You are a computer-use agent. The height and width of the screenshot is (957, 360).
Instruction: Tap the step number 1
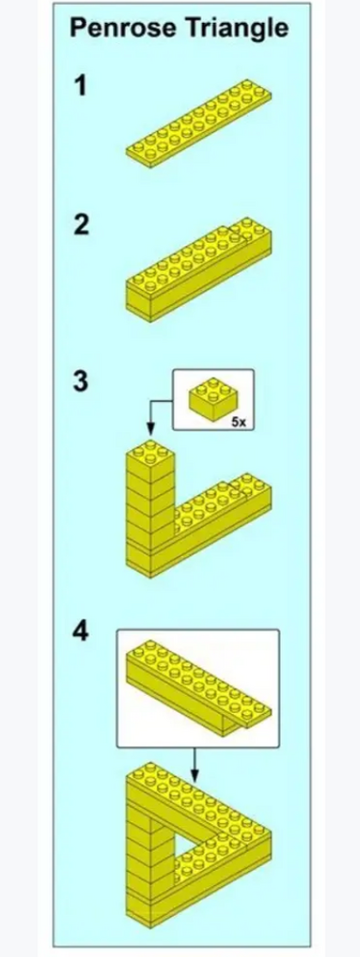tap(82, 87)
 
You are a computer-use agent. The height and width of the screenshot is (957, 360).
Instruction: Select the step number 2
tap(82, 226)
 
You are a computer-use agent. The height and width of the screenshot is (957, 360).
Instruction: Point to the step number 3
tap(82, 382)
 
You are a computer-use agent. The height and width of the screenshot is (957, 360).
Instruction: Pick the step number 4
tap(82, 634)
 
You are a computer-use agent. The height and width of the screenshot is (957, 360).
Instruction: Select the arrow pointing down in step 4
tap(195, 764)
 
